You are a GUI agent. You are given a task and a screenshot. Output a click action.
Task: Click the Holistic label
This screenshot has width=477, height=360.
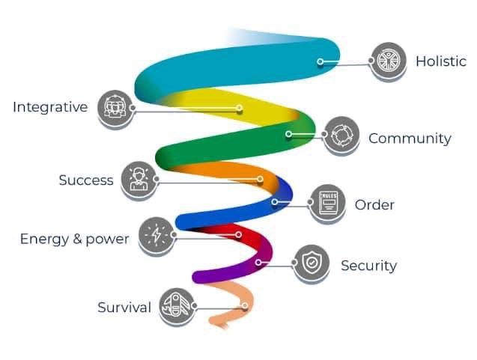coord(440,61)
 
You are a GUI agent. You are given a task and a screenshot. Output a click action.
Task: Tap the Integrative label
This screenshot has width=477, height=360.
coord(50,107)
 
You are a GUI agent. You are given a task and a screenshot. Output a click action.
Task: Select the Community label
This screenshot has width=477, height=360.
coord(410,138)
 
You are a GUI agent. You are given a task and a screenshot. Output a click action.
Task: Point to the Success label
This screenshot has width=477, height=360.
coord(86,180)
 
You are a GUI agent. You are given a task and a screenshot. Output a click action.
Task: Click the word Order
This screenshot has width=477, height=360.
coord(374,205)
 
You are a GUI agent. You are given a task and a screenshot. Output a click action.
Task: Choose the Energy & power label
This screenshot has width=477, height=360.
coord(74,240)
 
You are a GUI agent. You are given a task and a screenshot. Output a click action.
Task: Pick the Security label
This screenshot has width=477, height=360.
coord(368,266)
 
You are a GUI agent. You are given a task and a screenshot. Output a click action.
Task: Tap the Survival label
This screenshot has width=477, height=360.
coord(124,308)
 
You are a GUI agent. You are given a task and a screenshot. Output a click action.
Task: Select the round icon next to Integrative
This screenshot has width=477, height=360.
coord(116,107)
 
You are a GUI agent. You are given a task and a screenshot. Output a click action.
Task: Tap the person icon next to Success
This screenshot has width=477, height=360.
coord(138,180)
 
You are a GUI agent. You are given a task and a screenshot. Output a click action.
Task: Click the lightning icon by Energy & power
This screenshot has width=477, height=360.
coord(157,234)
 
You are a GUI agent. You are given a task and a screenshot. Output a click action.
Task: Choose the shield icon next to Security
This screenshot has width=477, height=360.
coord(310,263)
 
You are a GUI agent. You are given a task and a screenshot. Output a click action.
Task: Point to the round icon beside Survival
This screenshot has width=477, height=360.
coord(177,305)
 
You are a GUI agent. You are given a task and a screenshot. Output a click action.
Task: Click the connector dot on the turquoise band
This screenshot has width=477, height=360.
coord(320,62)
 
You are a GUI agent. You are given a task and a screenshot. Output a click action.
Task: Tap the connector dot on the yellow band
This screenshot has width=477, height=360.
coord(240,109)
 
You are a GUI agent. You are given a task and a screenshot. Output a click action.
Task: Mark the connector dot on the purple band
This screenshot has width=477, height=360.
coord(258,263)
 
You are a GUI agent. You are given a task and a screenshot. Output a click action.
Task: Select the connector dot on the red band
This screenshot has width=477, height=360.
coord(239,235)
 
